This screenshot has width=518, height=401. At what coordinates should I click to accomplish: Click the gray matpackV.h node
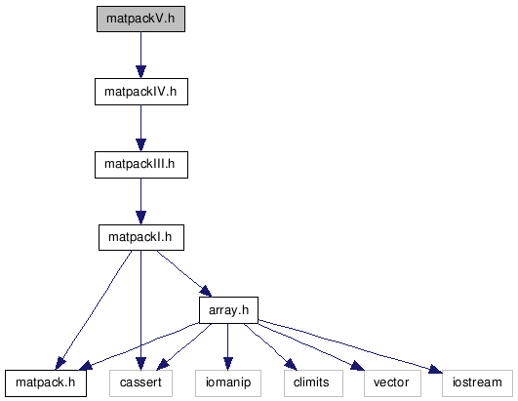pos(140,19)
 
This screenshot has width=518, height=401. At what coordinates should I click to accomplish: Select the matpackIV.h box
pos(141,92)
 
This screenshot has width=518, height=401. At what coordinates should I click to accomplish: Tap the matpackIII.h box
pos(141,165)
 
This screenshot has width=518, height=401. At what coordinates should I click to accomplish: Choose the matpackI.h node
pos(141,237)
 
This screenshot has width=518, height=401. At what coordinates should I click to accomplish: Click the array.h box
pos(228,310)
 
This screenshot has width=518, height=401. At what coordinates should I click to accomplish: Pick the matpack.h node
pos(46,383)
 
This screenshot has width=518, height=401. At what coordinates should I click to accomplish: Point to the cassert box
pos(140,383)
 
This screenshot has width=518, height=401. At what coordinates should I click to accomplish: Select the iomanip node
pos(228,383)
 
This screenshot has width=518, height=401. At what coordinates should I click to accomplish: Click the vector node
pos(392,383)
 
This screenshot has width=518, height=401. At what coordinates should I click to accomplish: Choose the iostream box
pos(477,383)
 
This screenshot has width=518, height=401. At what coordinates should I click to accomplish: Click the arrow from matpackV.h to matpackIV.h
pos(140,56)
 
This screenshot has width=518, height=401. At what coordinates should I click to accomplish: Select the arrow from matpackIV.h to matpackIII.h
pos(140,129)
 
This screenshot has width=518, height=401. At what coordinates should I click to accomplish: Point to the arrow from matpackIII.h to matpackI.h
pos(140,202)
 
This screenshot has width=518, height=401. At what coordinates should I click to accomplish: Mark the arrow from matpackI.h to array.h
pos(183,273)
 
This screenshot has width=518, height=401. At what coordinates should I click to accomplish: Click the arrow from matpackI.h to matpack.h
pos(94,310)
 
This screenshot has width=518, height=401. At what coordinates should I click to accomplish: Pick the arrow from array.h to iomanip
pos(227,346)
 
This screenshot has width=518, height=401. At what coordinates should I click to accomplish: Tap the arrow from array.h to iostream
pos(350,346)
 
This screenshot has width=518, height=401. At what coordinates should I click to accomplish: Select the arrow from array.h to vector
pos(310,346)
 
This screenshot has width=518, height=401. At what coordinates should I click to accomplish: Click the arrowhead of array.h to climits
pos(291,364)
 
